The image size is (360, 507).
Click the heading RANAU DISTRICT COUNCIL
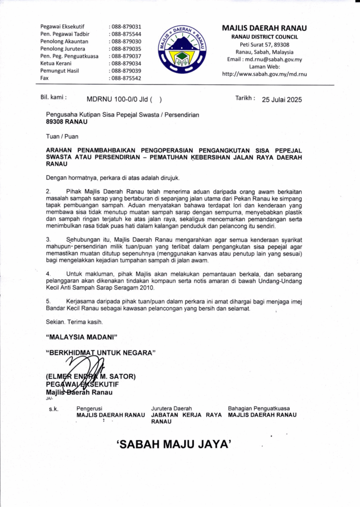[264, 37]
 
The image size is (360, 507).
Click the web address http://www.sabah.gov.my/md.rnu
[264, 74]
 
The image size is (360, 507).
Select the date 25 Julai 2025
[282, 99]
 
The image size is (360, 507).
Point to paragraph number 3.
[48, 239]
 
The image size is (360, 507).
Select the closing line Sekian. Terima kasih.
[74, 322]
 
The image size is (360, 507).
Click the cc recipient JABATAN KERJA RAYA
[186, 415]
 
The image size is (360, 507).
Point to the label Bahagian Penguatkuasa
[258, 408]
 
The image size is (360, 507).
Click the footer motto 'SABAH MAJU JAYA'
[174, 445]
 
